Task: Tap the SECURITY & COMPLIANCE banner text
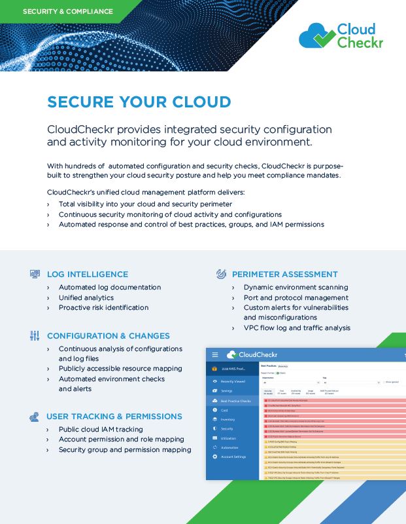pos(68,11)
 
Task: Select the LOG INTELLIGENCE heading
pos(88,274)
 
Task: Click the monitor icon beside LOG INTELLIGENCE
pos(35,274)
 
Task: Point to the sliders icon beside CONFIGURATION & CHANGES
pos(35,335)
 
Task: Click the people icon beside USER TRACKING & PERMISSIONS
pos(35,417)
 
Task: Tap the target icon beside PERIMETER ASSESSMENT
pos(221,274)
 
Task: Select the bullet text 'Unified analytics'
pos(86,297)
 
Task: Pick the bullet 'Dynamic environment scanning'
pos(296,287)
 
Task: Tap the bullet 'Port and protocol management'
pos(296,297)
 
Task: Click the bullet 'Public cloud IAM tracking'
pos(101,429)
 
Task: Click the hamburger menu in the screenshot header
pos(214,355)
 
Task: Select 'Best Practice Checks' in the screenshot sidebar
pos(235,401)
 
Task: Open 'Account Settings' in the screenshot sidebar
pos(233,457)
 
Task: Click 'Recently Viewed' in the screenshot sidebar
pos(233,381)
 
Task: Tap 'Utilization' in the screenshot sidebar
pos(229,438)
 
